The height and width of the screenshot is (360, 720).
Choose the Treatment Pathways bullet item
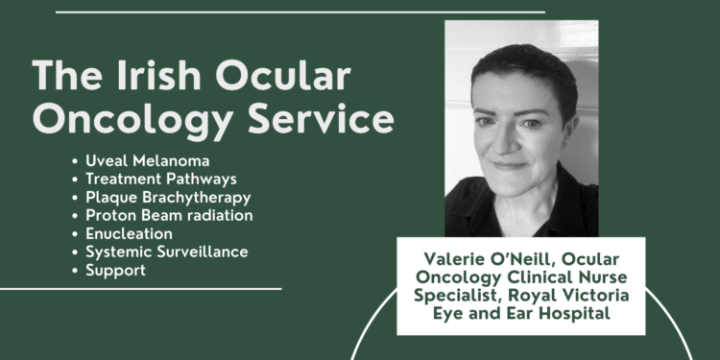point(160,179)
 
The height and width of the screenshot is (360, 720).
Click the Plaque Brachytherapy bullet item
point(168,197)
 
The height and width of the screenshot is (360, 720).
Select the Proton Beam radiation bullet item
point(169,215)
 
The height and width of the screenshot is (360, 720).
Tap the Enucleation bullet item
point(129,233)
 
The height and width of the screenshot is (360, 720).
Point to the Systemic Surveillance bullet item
point(166,252)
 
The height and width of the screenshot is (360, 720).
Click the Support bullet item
point(115,270)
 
